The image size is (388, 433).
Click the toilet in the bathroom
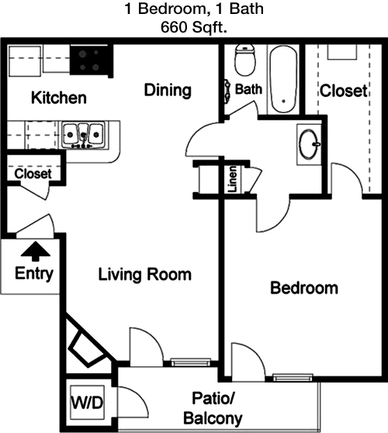(244, 60)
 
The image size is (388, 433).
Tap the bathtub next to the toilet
(283, 80)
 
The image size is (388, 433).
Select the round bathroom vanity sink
(309, 144)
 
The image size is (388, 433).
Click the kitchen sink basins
(83, 135)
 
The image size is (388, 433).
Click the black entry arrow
(36, 251)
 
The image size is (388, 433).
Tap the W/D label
(87, 402)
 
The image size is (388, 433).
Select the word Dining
(168, 91)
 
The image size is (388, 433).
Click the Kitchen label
(59, 98)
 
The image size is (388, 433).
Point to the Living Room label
(145, 274)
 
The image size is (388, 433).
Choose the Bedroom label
(304, 287)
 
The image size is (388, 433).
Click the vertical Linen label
(232, 179)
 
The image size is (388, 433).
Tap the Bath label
(248, 89)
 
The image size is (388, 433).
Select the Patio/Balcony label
(213, 408)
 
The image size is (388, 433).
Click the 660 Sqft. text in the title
(194, 27)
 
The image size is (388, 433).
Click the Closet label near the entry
(33, 174)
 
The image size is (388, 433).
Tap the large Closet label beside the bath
(344, 91)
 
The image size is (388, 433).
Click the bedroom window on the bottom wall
(293, 377)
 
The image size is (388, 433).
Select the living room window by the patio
(191, 362)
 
